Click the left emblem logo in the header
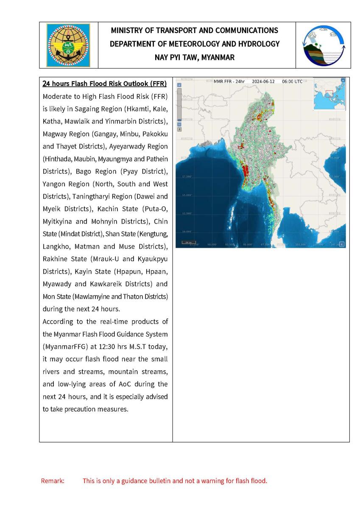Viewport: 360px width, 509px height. click(68, 45)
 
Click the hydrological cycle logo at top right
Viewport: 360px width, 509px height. click(323, 45)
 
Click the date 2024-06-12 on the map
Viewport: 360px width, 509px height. click(264, 81)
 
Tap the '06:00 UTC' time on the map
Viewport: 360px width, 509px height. click(292, 81)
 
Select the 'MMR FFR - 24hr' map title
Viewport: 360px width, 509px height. click(229, 81)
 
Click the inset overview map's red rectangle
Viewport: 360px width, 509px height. click(329, 93)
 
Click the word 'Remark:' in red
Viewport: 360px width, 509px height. click(53, 481)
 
